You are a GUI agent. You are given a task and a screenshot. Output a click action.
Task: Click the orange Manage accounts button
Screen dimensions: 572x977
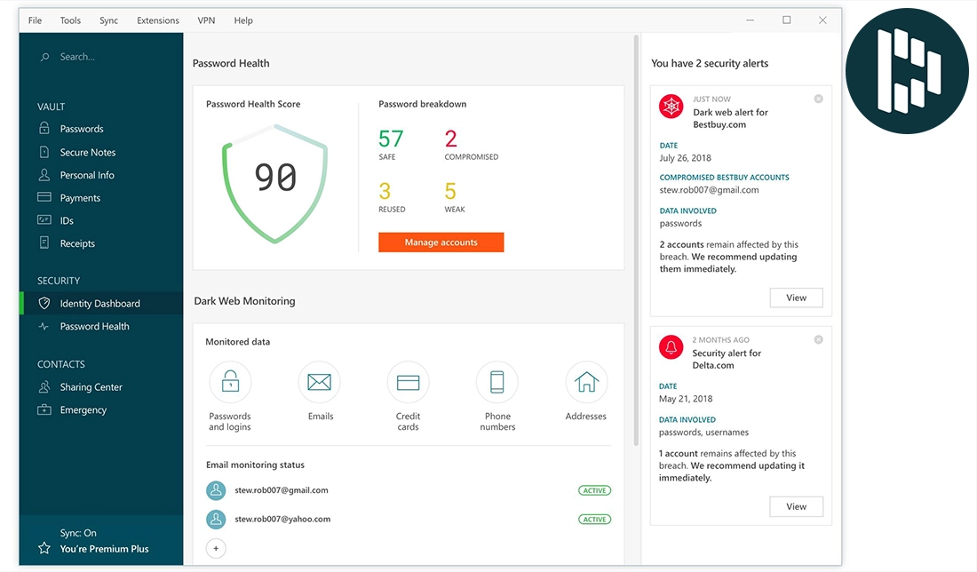(441, 242)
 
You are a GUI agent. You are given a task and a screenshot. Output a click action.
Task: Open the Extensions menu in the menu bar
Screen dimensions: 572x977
(158, 20)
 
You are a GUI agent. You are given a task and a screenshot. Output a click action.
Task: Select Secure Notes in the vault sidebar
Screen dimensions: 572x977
(87, 152)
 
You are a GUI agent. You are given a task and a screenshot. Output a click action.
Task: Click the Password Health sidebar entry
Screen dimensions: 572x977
(94, 326)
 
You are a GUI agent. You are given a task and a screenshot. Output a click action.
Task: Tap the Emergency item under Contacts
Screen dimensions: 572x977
(83, 409)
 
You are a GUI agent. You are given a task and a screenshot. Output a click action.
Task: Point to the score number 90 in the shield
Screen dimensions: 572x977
(275, 178)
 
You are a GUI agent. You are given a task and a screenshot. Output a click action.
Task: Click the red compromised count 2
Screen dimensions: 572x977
(451, 139)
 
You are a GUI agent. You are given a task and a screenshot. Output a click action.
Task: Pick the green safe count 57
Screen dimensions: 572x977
(391, 139)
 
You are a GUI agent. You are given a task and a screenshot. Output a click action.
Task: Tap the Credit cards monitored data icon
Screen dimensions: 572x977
(408, 383)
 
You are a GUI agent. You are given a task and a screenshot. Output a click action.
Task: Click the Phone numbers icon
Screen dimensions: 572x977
(497, 383)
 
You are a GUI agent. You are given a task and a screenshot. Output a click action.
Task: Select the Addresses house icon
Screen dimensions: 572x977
(586, 383)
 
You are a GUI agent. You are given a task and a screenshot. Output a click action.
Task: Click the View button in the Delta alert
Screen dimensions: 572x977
(796, 506)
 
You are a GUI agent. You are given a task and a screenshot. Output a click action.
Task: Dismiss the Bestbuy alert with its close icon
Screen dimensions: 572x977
(818, 99)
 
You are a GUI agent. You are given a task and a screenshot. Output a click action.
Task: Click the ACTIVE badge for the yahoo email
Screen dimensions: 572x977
(594, 520)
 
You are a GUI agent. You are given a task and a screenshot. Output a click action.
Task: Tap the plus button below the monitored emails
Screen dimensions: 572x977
(216, 548)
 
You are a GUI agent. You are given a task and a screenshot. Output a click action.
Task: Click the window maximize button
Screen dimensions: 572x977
(786, 20)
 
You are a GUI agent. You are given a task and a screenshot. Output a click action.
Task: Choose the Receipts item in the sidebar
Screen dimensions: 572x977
(77, 243)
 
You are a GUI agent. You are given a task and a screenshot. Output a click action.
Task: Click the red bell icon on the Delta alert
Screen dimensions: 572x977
(671, 346)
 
